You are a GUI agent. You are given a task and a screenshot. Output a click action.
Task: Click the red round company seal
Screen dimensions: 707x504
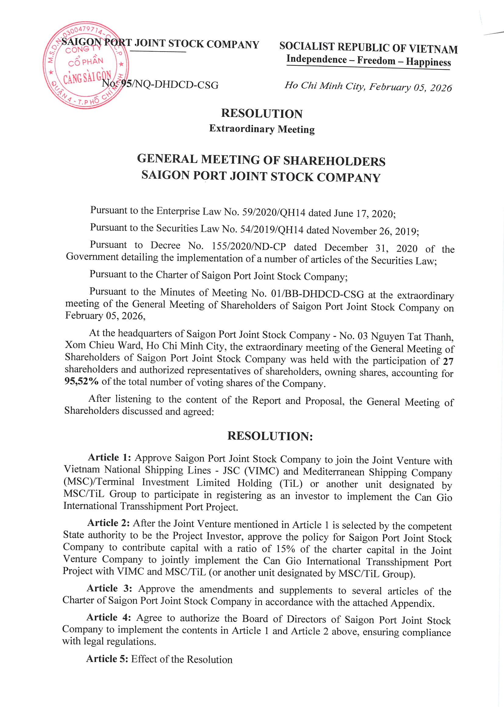[x=86, y=65]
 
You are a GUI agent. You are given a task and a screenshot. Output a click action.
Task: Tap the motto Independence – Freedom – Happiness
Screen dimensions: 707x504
[x=368, y=61]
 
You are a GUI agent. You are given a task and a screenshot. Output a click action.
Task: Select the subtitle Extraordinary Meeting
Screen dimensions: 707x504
[x=262, y=128]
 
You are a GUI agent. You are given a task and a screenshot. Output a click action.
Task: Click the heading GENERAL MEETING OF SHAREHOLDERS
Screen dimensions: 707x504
[x=261, y=160]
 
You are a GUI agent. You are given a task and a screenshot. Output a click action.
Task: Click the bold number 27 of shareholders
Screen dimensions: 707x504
[x=448, y=361]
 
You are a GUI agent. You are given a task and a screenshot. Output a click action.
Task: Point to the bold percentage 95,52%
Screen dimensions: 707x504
[x=81, y=381]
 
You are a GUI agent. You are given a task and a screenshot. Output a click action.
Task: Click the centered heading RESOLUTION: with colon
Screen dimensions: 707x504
[x=270, y=436]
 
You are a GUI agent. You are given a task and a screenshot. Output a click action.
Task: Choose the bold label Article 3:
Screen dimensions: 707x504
[x=109, y=588]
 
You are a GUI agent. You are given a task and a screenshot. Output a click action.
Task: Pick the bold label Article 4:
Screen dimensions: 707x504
[x=108, y=617]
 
